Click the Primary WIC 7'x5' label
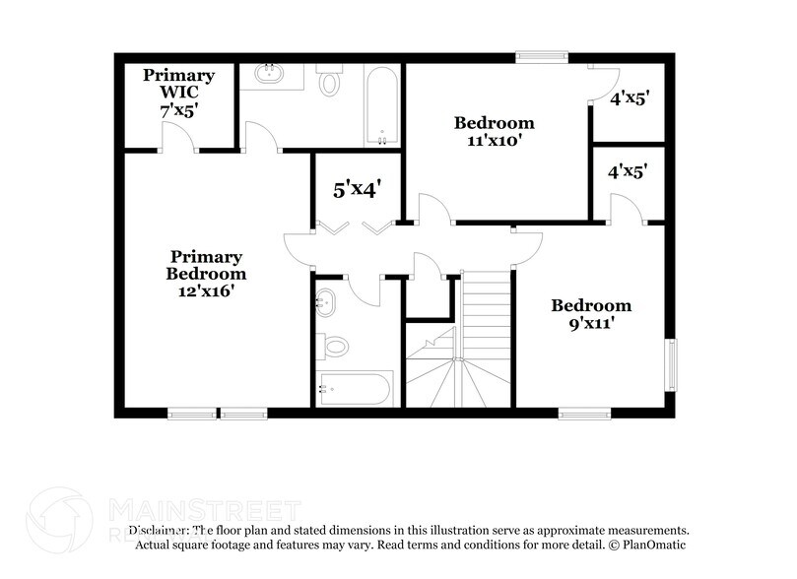click(x=178, y=93)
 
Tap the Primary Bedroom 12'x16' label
click(x=206, y=274)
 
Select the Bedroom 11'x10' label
click(x=494, y=131)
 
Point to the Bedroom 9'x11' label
click(x=590, y=313)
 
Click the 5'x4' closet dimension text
click(x=356, y=189)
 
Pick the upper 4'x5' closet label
click(x=629, y=98)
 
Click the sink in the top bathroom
click(x=269, y=74)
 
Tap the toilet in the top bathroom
click(x=329, y=81)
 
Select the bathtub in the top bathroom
click(x=380, y=104)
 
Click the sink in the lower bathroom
click(x=326, y=301)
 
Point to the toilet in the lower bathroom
click(x=333, y=346)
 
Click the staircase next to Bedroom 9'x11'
click(x=486, y=339)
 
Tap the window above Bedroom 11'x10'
click(x=542, y=57)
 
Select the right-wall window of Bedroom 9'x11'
click(x=671, y=364)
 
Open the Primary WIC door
click(x=177, y=140)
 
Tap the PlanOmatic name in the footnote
click(x=651, y=545)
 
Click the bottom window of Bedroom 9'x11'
click(x=584, y=414)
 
